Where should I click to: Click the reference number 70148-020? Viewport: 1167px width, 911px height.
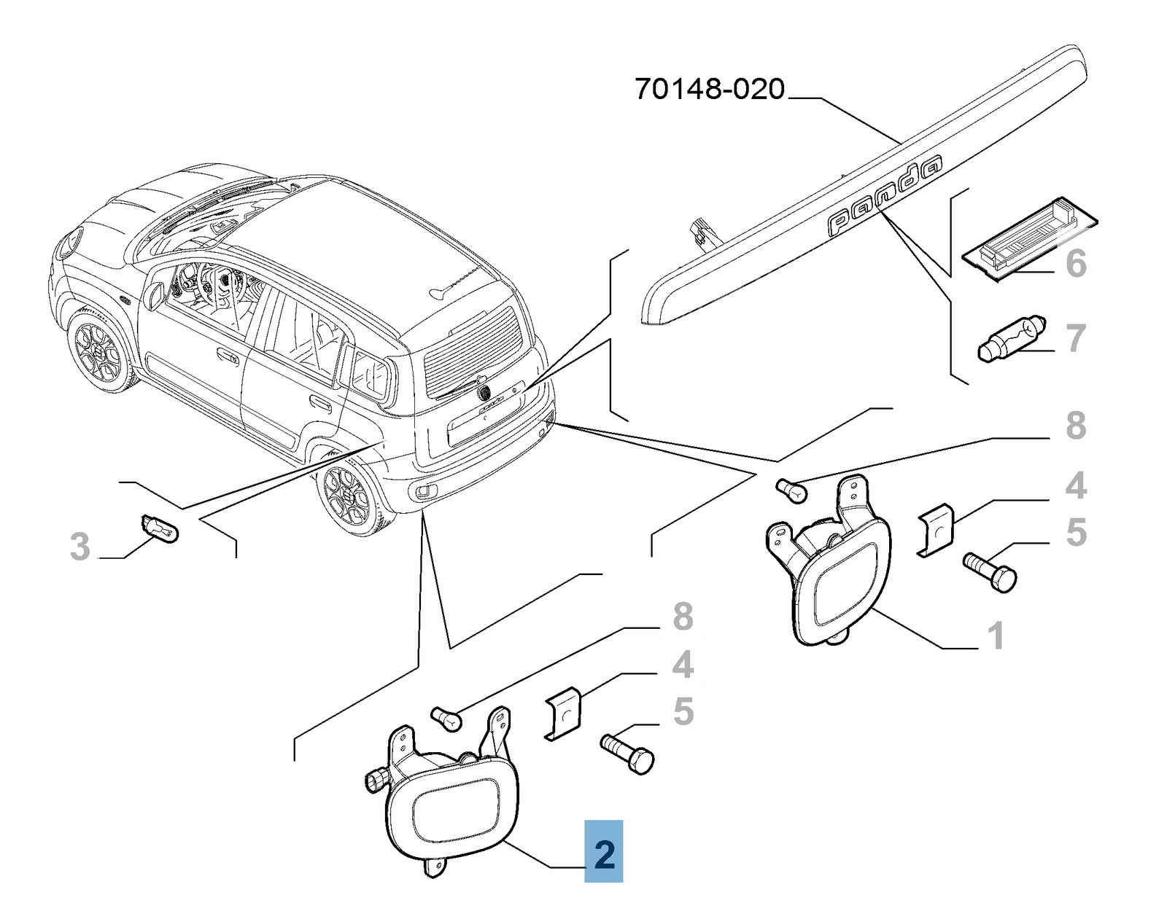709,90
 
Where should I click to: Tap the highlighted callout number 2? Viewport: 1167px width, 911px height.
604,852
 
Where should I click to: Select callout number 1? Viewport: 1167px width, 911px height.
996,636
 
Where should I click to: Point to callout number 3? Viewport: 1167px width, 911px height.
80,547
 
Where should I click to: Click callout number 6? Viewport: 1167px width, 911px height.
1076,263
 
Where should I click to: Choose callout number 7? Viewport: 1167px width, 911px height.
1076,338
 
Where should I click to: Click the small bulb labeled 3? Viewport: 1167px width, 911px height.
159,529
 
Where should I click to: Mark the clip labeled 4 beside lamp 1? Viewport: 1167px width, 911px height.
936,530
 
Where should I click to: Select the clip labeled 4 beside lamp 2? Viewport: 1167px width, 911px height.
563,713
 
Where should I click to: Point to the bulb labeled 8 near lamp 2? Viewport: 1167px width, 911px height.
446,719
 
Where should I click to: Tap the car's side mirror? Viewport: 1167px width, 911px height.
155,295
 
